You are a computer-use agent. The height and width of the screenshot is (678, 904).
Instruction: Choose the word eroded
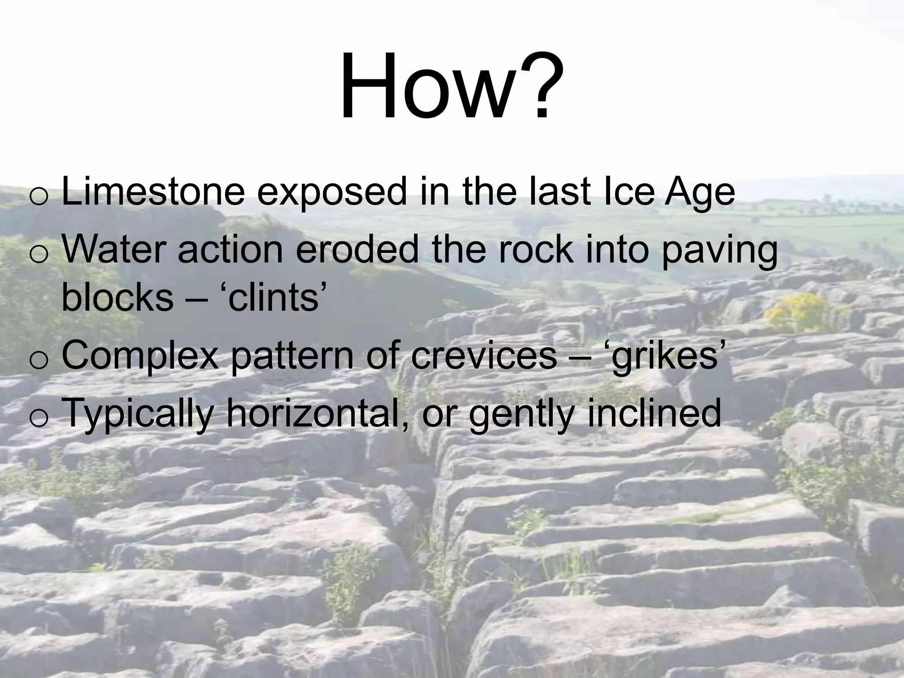pos(356,249)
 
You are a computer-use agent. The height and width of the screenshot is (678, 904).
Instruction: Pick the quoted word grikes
pos(667,357)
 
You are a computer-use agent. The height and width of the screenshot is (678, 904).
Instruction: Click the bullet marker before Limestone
pos(39,196)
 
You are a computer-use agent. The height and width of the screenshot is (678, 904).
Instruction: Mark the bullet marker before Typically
pos(39,418)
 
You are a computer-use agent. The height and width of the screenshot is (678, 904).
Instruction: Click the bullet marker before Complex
pos(39,360)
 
